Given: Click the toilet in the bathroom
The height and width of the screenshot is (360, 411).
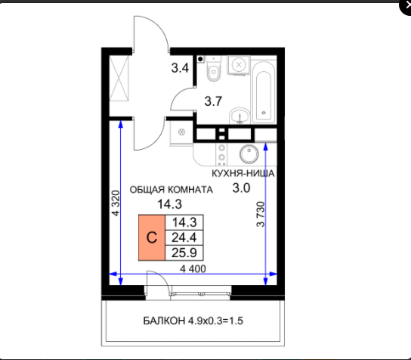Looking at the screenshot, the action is (213, 68).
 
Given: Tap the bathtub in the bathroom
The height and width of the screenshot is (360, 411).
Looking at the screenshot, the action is (264, 92).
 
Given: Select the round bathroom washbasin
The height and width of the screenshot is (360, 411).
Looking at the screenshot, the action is (239, 116).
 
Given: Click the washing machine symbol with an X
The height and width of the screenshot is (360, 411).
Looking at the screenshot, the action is (239, 65).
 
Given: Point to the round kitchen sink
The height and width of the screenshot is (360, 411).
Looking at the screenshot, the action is (249, 154).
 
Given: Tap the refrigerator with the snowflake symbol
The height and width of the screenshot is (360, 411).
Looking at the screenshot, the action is (181, 132).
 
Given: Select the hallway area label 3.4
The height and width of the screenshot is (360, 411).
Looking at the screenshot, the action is (180, 68).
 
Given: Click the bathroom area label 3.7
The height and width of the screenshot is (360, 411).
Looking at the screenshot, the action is (213, 101).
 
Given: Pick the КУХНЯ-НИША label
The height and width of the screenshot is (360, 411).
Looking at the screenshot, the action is (243, 173).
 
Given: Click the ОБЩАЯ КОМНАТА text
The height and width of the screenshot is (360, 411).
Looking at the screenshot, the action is (172, 190).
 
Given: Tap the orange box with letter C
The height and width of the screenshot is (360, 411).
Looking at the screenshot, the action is (152, 237).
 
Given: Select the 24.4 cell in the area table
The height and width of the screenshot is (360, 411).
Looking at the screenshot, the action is (184, 237).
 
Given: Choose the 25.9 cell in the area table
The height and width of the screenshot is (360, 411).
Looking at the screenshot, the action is (184, 253).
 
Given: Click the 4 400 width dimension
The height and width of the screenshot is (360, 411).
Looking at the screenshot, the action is (193, 268).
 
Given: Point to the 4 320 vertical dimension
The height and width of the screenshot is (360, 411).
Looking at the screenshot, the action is (116, 203).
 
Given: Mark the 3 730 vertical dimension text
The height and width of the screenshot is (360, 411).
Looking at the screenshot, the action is (261, 214).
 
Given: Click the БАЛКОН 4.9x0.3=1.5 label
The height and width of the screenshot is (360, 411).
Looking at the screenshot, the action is (193, 321).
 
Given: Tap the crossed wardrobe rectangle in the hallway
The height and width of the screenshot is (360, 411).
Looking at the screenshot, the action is (119, 78).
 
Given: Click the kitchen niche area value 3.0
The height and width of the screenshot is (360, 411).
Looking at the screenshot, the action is (242, 188).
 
